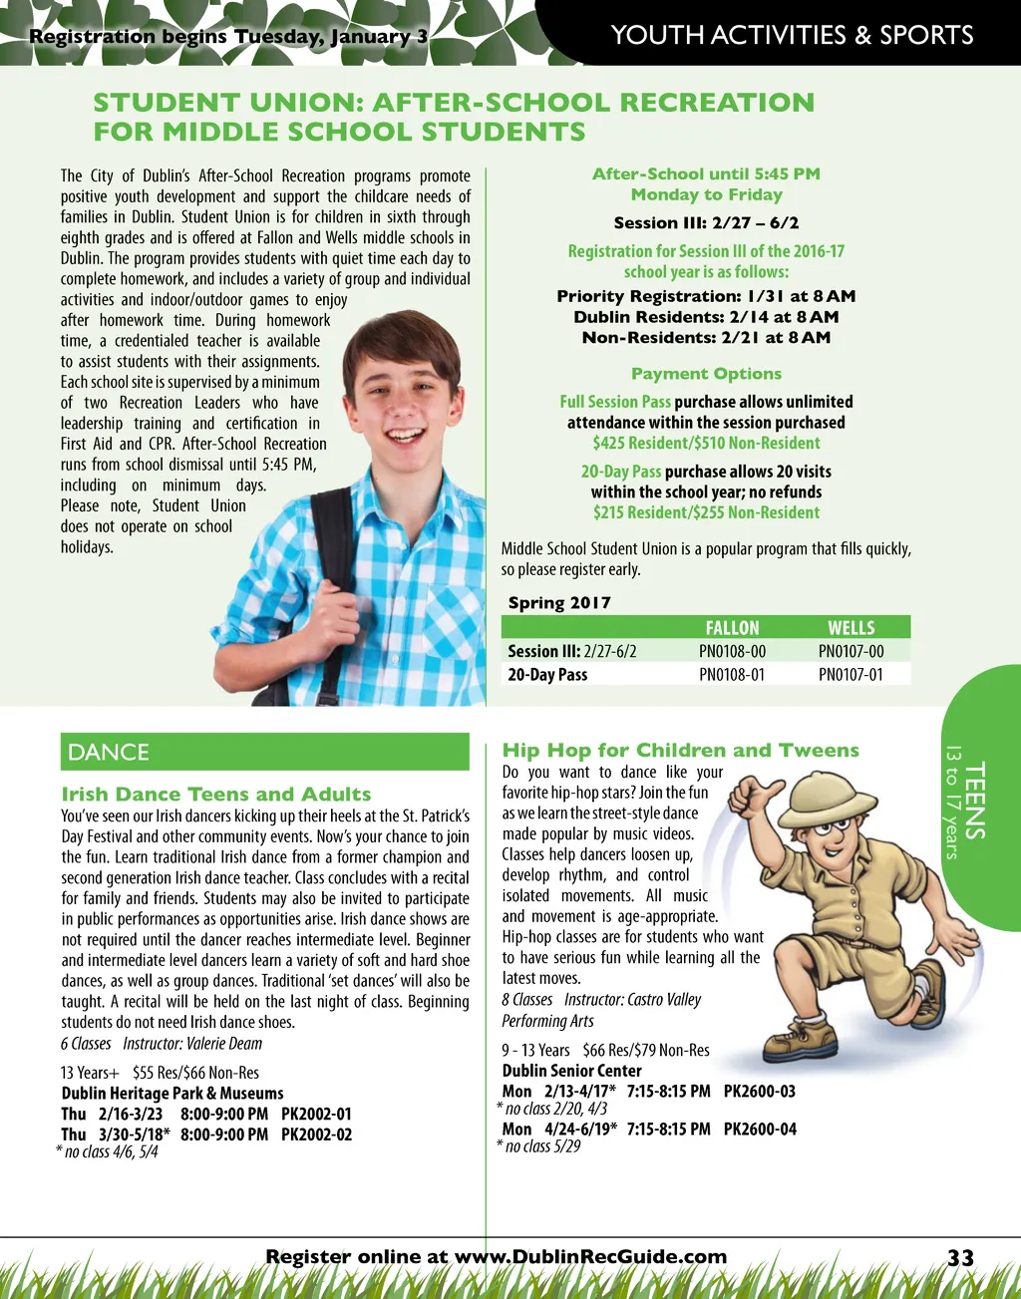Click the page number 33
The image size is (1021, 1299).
click(960, 1258)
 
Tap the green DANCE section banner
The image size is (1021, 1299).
click(264, 752)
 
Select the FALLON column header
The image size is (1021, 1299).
click(732, 628)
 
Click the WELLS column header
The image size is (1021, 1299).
click(851, 628)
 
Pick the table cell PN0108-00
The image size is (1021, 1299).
click(732, 652)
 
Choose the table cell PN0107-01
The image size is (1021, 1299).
click(851, 675)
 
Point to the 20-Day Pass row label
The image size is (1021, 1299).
click(547, 675)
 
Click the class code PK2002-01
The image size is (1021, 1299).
click(316, 1114)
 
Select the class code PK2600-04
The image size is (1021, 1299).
click(760, 1130)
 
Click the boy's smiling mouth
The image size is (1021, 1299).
click(403, 436)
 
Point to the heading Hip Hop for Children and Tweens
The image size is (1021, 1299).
click(680, 751)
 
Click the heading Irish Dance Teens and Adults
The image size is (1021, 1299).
click(216, 795)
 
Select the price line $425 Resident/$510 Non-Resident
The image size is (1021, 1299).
click(706, 443)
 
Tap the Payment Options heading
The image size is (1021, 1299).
click(706, 374)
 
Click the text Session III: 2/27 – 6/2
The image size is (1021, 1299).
click(706, 223)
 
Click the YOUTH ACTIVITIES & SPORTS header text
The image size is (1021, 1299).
click(792, 35)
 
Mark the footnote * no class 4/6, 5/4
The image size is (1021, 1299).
click(107, 1151)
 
